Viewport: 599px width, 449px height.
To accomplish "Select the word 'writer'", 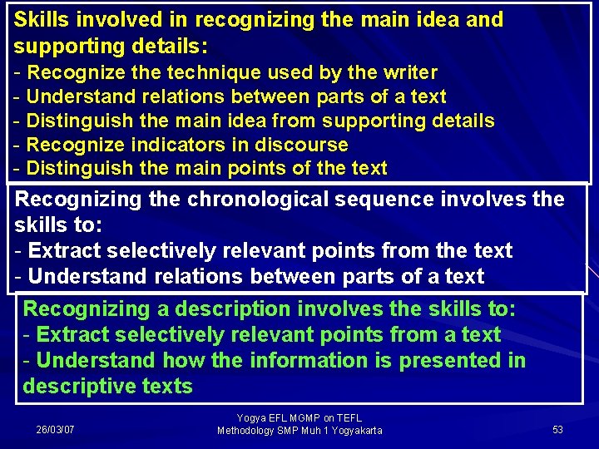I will point(408,73).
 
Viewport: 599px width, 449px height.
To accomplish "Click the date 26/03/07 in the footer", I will point(55,430).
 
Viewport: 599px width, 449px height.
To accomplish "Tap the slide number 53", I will point(557,430).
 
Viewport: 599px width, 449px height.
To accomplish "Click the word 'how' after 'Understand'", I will point(179,360).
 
